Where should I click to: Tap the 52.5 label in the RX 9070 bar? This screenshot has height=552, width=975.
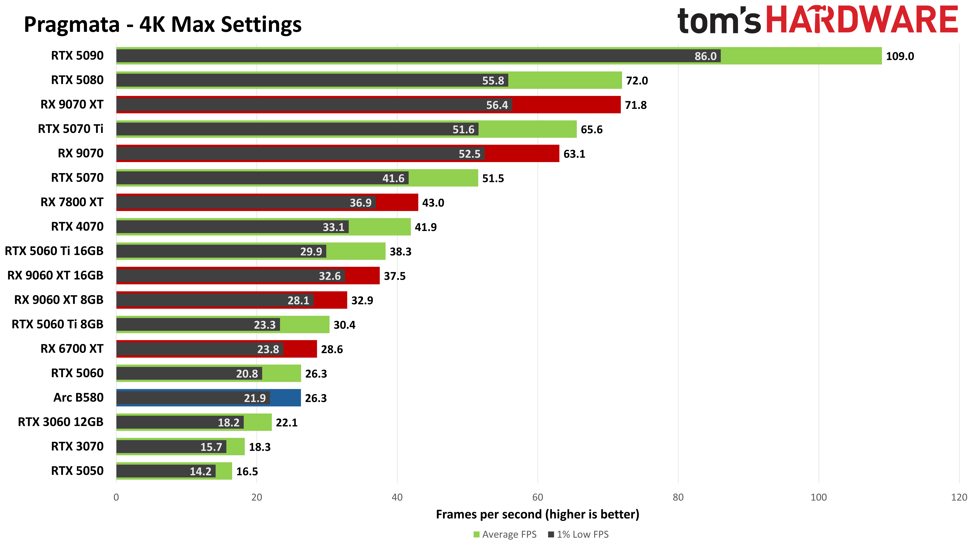tap(469, 154)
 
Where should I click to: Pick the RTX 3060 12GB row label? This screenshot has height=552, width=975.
tap(61, 422)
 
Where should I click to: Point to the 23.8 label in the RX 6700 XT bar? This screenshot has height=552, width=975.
tap(268, 349)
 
